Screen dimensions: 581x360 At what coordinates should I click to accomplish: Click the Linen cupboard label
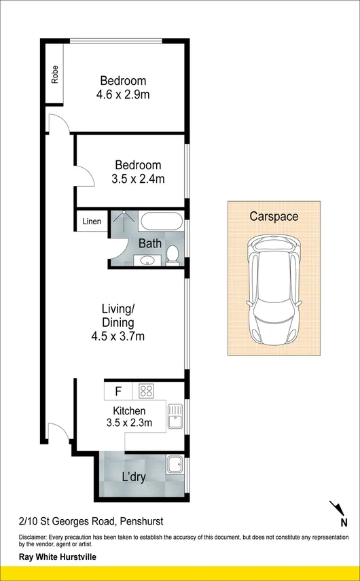pos(92,222)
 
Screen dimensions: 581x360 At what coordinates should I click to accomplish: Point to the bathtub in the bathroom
pos(161,222)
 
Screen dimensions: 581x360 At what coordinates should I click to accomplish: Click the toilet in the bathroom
pos(173,254)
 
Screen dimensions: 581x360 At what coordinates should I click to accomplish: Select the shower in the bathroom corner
pos(124,222)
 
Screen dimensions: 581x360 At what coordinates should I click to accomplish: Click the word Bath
pos(149,243)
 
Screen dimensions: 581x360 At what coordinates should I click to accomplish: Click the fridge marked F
pos(118,391)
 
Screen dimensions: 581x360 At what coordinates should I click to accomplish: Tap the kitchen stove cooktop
pos(145,391)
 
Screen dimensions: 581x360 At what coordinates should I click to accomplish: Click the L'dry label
pos(133,476)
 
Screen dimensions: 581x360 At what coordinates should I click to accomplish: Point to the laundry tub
pos(175,465)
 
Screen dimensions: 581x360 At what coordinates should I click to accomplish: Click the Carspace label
pos(274,217)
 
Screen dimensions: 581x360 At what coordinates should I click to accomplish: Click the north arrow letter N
pos(344,522)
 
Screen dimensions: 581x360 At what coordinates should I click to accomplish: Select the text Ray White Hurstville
pos(57,557)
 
